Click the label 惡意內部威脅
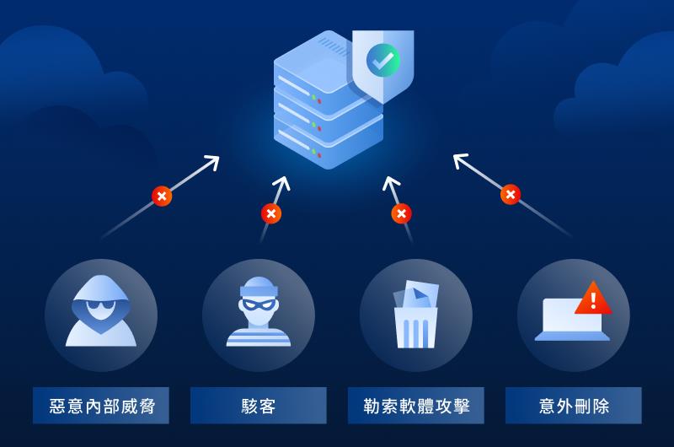pyautogui.click(x=100, y=406)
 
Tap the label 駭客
pyautogui.click(x=258, y=406)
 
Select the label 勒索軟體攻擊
pyautogui.click(x=415, y=406)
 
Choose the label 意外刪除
pyautogui.click(x=573, y=406)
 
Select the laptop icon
pyautogui.click(x=569, y=319)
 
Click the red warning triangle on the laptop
pyautogui.click(x=593, y=299)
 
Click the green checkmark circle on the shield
pyautogui.click(x=383, y=60)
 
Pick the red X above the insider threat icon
pyautogui.click(x=162, y=196)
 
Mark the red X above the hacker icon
pyautogui.click(x=270, y=213)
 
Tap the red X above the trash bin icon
pyautogui.click(x=401, y=213)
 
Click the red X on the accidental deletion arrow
pyautogui.click(x=510, y=194)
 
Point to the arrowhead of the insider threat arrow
pyautogui.click(x=214, y=159)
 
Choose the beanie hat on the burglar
pyautogui.click(x=258, y=286)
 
